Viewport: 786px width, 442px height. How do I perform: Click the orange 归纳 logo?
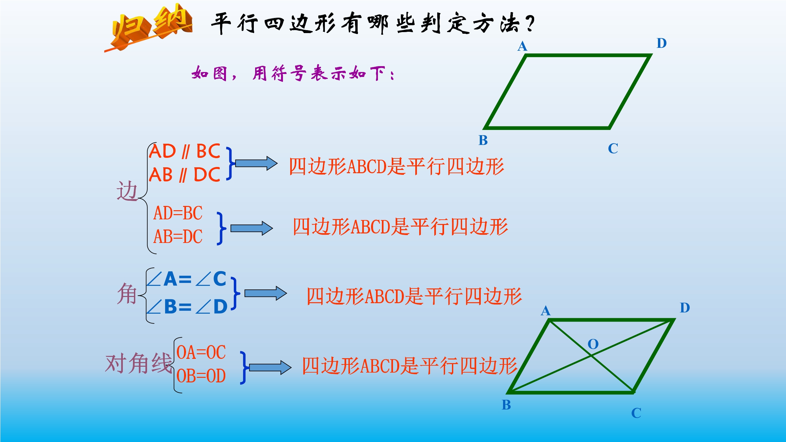149,28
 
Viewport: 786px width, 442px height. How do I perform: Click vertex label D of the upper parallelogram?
662,43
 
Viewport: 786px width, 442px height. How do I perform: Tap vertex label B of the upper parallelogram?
483,140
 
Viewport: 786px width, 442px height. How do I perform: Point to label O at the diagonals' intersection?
593,344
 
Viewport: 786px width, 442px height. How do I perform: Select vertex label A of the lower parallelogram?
546,311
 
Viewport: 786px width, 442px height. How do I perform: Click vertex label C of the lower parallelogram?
636,413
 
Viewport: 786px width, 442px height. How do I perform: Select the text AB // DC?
185,175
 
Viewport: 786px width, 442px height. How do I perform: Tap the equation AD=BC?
178,213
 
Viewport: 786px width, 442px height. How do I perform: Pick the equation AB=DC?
178,236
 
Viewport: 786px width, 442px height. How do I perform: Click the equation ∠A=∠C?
186,279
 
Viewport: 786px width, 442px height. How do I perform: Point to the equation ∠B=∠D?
187,307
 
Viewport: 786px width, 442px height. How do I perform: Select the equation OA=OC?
201,353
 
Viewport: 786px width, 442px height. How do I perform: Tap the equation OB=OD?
201,376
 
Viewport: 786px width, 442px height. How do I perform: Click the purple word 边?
127,191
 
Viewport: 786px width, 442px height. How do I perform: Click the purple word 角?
127,294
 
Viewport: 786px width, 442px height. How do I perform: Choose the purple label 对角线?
139,363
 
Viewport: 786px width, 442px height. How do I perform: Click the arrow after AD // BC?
256,163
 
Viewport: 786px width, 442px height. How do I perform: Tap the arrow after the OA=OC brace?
270,368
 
